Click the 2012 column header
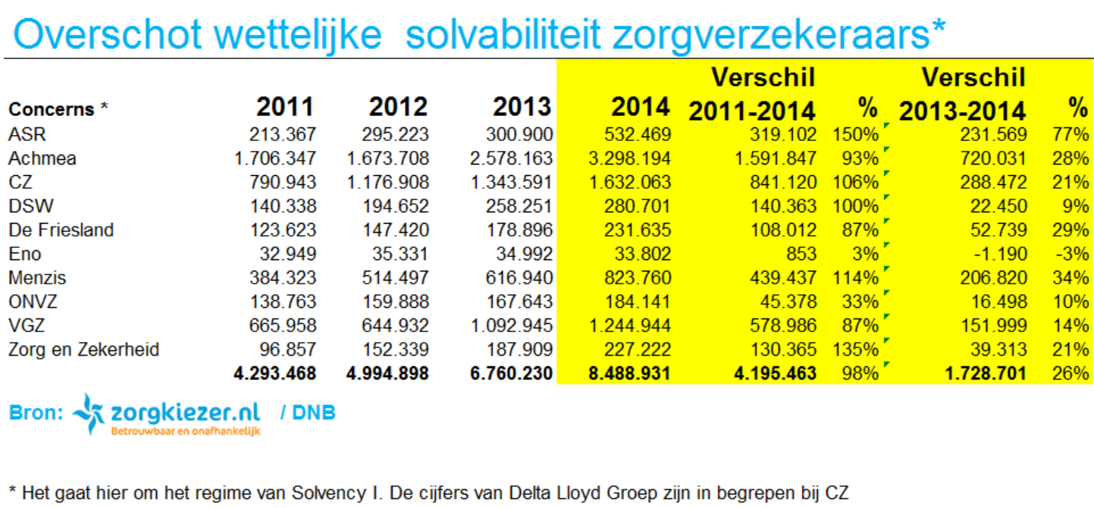coord(398,107)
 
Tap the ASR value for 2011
coord(283,135)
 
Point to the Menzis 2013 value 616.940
coord(519,278)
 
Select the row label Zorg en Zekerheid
coord(83,350)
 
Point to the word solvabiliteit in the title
coord(503,35)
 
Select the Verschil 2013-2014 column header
coord(963,94)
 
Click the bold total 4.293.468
coord(274,373)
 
